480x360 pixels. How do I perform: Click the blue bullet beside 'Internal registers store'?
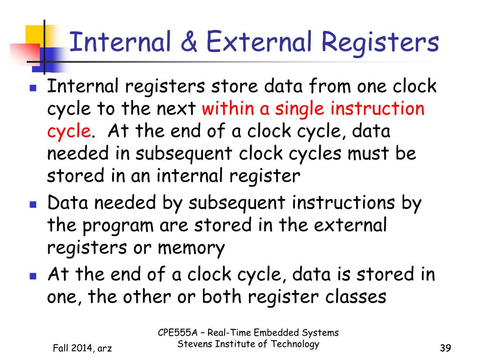(33, 88)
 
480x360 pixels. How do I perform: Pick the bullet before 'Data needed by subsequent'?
(33, 205)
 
